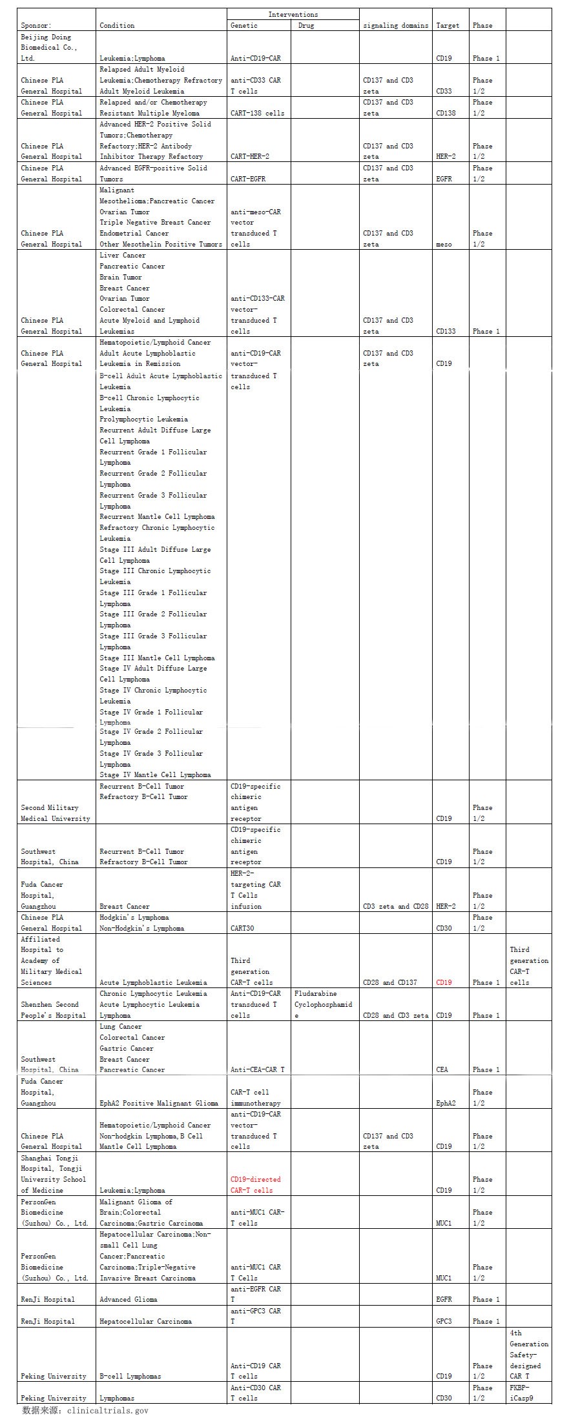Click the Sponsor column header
pyautogui.click(x=36, y=26)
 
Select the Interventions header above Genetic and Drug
pyautogui.click(x=293, y=14)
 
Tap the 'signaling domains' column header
pyautogui.click(x=395, y=26)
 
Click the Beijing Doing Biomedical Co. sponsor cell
pyautogui.click(x=49, y=48)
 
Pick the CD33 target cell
pyautogui.click(x=444, y=92)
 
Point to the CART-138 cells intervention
pyautogui.click(x=257, y=114)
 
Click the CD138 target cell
pyautogui.click(x=446, y=114)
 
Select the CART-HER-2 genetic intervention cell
pyautogui.click(x=250, y=157)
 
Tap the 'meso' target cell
pyautogui.click(x=444, y=245)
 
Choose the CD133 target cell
pyautogui.click(x=446, y=332)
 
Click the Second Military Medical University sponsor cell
pyautogui.click(x=55, y=813)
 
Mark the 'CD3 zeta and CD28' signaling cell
pyautogui.click(x=395, y=907)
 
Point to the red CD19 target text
pyautogui.click(x=444, y=983)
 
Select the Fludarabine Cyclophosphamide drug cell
pyautogui.click(x=324, y=1004)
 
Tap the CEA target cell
pyautogui.click(x=442, y=1069)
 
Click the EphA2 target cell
pyautogui.click(x=446, y=1103)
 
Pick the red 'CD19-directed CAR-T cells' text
pyautogui.click(x=256, y=1184)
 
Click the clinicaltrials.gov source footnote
pyautogui.click(x=85, y=1410)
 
